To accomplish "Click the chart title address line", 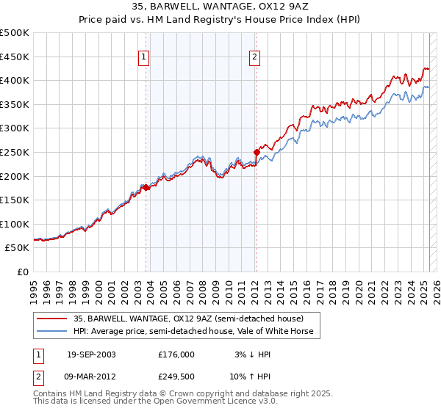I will pos(220,9).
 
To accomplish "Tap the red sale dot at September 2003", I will pos(146,188).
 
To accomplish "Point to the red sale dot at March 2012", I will pos(257,153).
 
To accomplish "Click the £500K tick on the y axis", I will pos(15,33).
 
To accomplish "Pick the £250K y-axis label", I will pos(15,152).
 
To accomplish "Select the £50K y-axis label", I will pos(18,248).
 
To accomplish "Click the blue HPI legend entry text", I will pos(193,331).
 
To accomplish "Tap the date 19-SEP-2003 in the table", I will pos(91,354).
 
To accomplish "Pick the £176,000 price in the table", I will pos(176,354).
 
